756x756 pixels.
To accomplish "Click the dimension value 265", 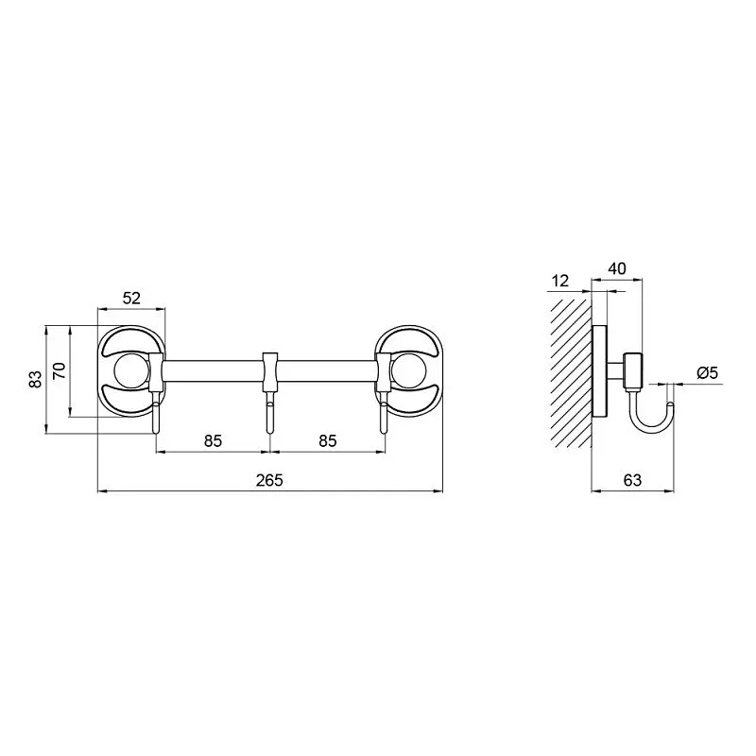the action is pos(269,480).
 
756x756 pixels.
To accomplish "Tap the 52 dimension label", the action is pos(131,299).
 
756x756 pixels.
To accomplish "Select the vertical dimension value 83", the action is pos(35,380).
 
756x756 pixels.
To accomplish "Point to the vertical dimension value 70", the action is pos(59,370).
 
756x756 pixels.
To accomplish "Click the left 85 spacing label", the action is pos(213,440).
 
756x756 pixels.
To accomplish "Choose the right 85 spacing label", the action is pos(327,440).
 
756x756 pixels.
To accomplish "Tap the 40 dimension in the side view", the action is pos(617,268).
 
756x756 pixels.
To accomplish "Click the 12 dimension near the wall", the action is pos(560,281).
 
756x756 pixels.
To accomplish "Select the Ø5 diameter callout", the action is pos(708,372).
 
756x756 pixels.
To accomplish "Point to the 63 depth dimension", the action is pos(632,480).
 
